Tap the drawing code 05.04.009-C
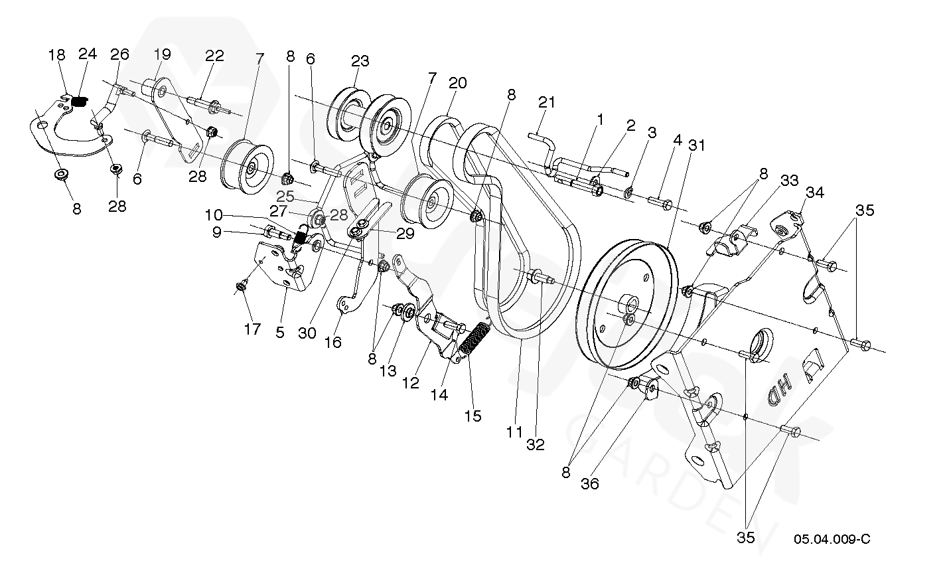click(x=832, y=538)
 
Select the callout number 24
click(x=88, y=54)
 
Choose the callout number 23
click(x=360, y=61)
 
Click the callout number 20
click(x=457, y=83)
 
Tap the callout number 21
click(x=546, y=102)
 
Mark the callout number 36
click(x=589, y=484)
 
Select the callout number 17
click(x=252, y=329)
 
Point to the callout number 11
click(x=514, y=432)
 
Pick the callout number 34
click(x=815, y=192)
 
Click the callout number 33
click(x=789, y=180)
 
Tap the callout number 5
click(x=280, y=332)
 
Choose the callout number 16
click(x=332, y=342)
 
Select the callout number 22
click(x=214, y=56)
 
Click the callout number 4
click(x=677, y=140)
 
